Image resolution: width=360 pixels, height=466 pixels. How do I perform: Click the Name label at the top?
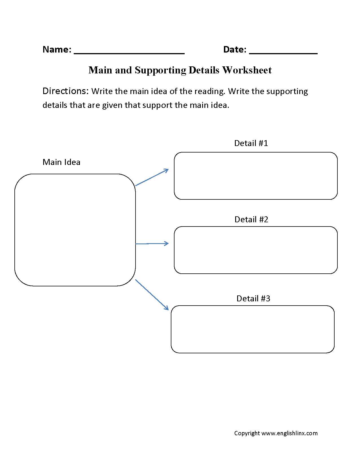[x=57, y=49]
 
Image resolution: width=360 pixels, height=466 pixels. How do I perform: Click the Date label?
[x=234, y=49]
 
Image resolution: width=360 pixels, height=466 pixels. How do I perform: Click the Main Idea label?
[x=61, y=162]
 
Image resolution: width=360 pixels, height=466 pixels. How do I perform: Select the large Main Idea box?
[x=75, y=230]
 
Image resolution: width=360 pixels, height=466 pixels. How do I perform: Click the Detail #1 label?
[x=251, y=143]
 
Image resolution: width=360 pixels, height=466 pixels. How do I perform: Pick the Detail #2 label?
[x=251, y=219]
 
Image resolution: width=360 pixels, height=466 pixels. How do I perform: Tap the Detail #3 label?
[x=253, y=299]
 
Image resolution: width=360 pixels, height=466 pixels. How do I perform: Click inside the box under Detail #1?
[x=256, y=176]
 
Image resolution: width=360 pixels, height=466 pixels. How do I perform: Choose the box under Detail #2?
[x=256, y=250]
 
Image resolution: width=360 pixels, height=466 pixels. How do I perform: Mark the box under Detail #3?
[x=253, y=329]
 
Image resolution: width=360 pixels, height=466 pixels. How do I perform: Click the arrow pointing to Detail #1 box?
[x=152, y=177]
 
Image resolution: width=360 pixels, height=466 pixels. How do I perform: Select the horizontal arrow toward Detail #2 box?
[x=152, y=243]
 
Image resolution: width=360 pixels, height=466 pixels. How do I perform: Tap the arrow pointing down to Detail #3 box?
[x=152, y=295]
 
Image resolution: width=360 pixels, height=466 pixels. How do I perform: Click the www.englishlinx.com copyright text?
[x=289, y=433]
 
